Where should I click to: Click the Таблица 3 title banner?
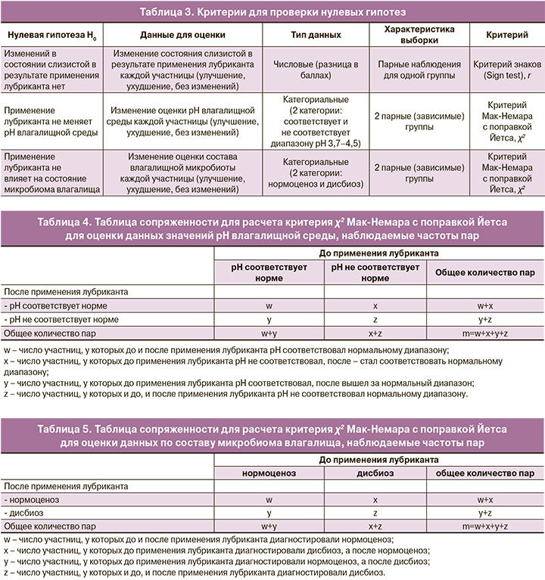click(x=272, y=11)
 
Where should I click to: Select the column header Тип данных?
click(x=316, y=36)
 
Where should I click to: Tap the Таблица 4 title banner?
click(x=272, y=228)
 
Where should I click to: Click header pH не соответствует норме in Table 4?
click(x=375, y=272)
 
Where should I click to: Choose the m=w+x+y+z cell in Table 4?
click(x=485, y=333)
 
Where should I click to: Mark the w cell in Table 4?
click(x=269, y=306)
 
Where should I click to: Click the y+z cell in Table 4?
click(x=485, y=319)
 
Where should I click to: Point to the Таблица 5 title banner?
click(x=272, y=436)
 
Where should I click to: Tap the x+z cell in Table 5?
click(x=375, y=526)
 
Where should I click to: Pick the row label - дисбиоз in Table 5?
click(x=23, y=513)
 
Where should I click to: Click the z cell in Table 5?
click(x=375, y=513)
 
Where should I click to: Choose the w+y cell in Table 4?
click(x=269, y=333)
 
